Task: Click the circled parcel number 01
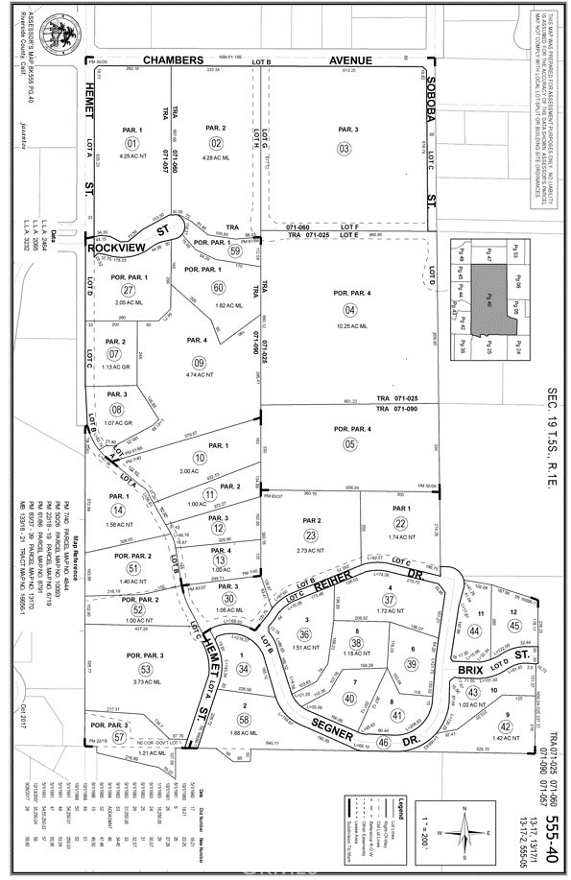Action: tap(132, 145)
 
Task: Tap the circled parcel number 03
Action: tap(344, 148)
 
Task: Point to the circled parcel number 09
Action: tap(200, 362)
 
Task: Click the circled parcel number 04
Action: tap(349, 309)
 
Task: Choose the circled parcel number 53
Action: tap(146, 669)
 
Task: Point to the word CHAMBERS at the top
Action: tap(175, 59)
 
